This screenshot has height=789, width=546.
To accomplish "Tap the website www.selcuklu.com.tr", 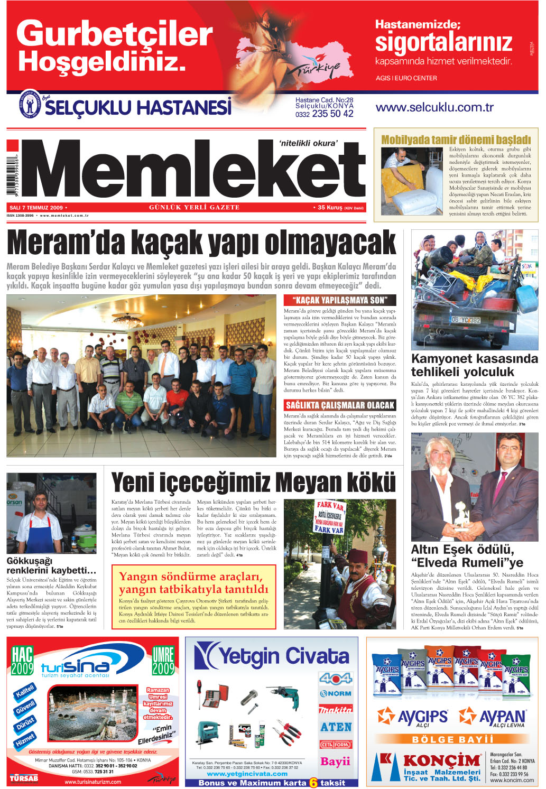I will click(434, 107).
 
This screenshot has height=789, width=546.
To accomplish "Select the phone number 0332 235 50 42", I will click(324, 114).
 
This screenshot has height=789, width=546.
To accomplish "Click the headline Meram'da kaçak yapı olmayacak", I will click(201, 244).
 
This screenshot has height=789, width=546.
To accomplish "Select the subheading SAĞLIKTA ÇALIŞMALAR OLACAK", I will click(340, 405).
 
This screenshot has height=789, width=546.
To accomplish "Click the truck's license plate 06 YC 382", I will click(466, 320).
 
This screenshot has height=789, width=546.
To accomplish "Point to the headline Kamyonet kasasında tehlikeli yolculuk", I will click(474, 365).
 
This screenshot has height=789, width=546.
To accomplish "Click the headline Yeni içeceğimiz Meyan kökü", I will click(253, 482).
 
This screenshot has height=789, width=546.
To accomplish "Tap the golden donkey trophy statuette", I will click(461, 515).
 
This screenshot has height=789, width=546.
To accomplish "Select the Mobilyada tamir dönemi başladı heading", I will click(456, 140).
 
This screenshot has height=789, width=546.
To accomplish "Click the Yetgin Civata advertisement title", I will click(272, 656).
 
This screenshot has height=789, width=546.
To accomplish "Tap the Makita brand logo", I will click(335, 709).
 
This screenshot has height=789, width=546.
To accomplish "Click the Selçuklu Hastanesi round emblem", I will click(30, 104).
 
